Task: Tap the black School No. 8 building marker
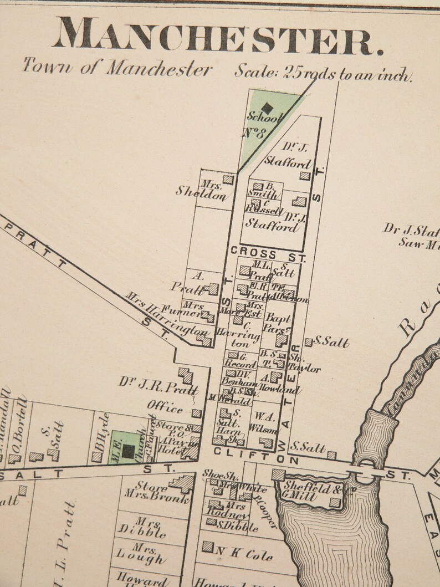[x=267, y=108]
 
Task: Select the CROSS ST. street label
[x=254, y=253]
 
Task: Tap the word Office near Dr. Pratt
[x=165, y=408]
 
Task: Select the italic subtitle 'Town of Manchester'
[x=117, y=68]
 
